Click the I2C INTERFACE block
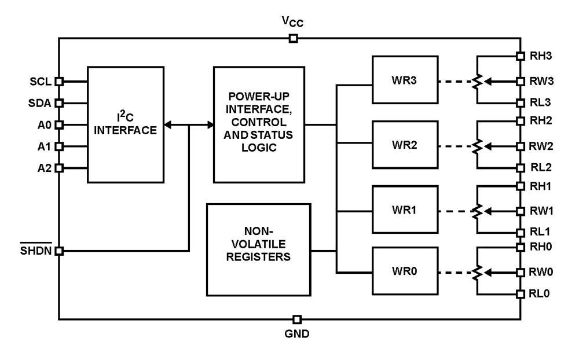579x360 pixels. pyautogui.click(x=125, y=125)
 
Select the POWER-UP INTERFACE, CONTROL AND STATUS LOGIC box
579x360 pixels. pyautogui.click(x=258, y=124)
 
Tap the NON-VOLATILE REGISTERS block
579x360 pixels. pyautogui.click(x=258, y=248)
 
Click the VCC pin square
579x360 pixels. pyautogui.click(x=294, y=39)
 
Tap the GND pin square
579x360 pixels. pyautogui.click(x=297, y=319)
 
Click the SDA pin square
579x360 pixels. pyautogui.click(x=58, y=104)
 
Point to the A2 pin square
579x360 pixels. pyautogui.click(x=58, y=168)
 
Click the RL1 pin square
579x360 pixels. pyautogui.click(x=521, y=232)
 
